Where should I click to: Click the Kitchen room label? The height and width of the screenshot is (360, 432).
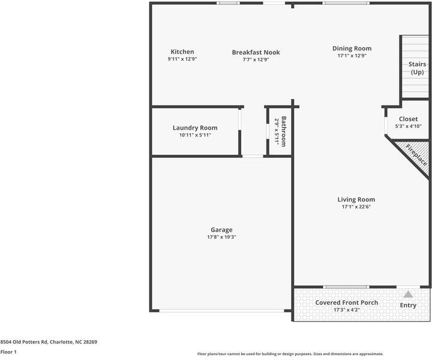pos(182,52)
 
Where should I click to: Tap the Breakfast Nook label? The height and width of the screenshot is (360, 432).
pos(256,52)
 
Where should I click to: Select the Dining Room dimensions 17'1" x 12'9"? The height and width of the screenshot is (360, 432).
pos(352,56)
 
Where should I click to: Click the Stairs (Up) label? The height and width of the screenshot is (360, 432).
pos(416,68)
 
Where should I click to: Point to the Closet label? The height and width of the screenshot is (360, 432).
pos(408,119)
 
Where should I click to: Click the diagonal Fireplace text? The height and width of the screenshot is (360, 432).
pos(416,154)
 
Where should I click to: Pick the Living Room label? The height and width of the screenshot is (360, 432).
pos(356,200)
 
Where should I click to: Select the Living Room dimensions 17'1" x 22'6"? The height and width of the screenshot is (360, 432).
pos(356,207)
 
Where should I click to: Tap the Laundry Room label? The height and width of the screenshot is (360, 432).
pos(195,128)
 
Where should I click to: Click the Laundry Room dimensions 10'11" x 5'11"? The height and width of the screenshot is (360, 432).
pos(195,135)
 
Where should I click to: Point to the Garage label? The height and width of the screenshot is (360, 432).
pos(221,230)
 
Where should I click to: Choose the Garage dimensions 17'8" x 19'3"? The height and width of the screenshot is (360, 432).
pos(221,237)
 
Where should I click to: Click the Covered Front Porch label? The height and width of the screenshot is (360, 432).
pos(347,302)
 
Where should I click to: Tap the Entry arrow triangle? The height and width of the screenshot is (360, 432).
pos(408,295)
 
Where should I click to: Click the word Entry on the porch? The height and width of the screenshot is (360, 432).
pos(408,305)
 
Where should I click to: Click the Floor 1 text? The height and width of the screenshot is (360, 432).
pos(8,352)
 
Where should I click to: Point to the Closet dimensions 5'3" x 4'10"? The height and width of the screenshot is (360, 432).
pos(408,126)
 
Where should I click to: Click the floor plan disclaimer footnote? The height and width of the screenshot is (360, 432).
pos(290,354)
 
